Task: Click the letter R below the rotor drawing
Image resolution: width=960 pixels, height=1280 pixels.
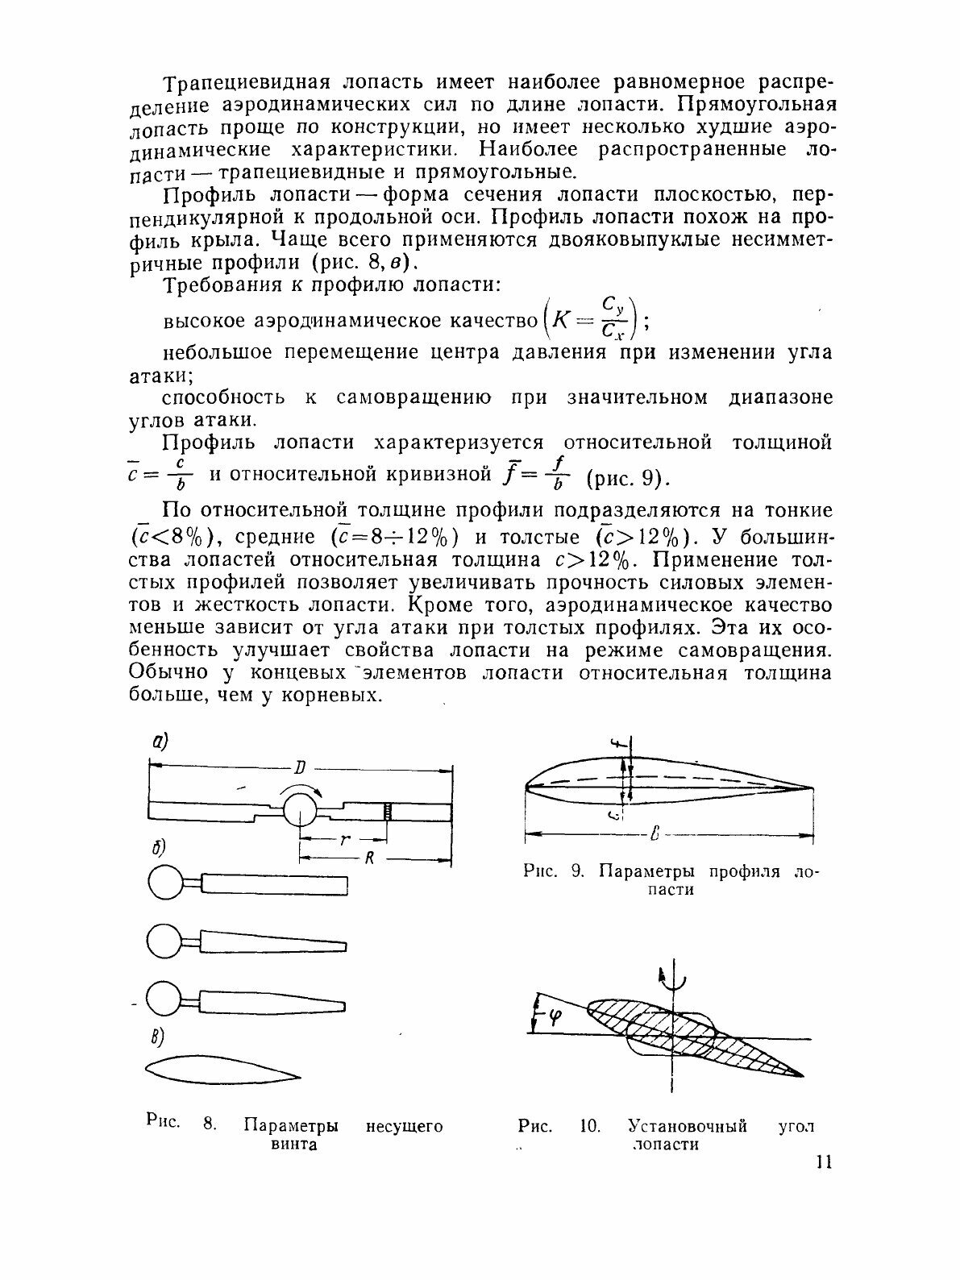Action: coord(369,858)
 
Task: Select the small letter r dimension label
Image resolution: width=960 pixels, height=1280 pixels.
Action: coord(344,839)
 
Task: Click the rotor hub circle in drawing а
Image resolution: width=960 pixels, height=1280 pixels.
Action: coord(299,808)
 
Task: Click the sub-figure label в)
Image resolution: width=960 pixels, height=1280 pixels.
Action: coord(158,1037)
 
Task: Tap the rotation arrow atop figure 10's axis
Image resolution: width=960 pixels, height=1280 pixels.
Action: coord(672,982)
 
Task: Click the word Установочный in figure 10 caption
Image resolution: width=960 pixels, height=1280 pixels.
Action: coord(688,1125)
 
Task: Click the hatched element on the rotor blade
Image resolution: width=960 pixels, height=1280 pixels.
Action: coord(388,810)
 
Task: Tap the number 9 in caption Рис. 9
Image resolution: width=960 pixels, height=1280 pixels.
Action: coord(576,871)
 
